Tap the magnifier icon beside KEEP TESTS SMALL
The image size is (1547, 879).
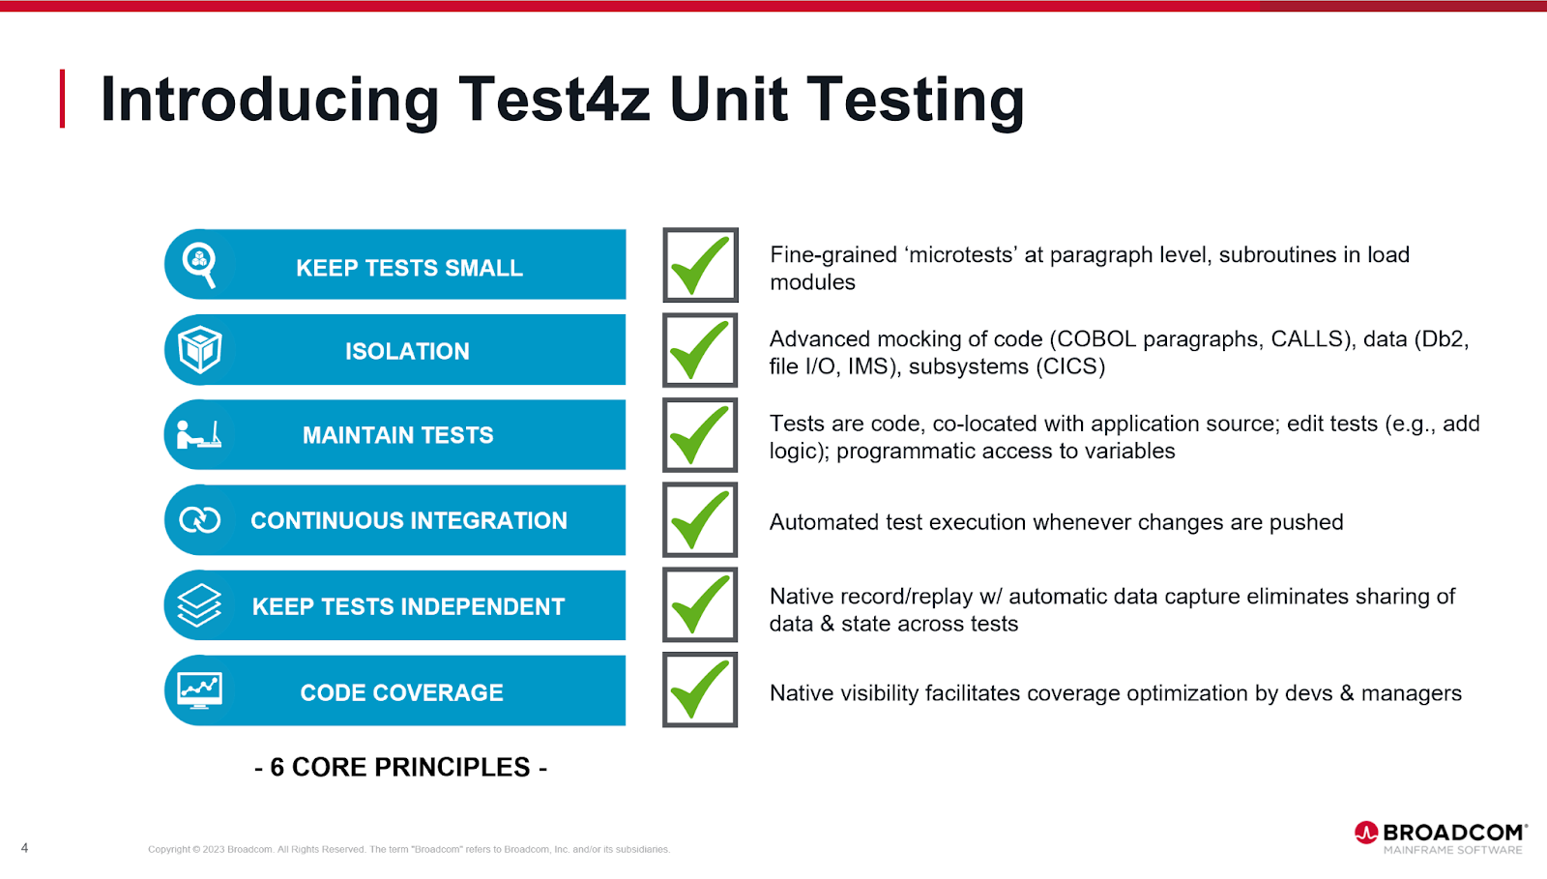199,264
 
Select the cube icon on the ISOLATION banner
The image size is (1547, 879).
199,349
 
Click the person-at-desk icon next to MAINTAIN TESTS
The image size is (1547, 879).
199,434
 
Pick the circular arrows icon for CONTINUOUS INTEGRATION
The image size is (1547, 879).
199,520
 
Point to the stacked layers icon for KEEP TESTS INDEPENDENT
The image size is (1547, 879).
199,605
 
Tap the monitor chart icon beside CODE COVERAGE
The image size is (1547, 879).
199,690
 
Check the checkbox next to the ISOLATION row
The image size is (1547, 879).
700,350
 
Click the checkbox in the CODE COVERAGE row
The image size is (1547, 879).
700,689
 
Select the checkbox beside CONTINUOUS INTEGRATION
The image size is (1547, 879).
700,520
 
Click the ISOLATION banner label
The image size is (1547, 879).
407,351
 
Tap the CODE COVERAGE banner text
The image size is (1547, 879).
401,692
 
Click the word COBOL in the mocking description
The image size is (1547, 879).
1096,339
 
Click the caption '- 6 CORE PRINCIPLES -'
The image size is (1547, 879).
400,767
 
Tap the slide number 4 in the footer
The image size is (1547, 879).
25,848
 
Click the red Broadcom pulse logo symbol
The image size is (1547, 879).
1366,833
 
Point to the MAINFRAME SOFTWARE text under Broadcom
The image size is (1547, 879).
1453,850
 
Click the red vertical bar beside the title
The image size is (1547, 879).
62,99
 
